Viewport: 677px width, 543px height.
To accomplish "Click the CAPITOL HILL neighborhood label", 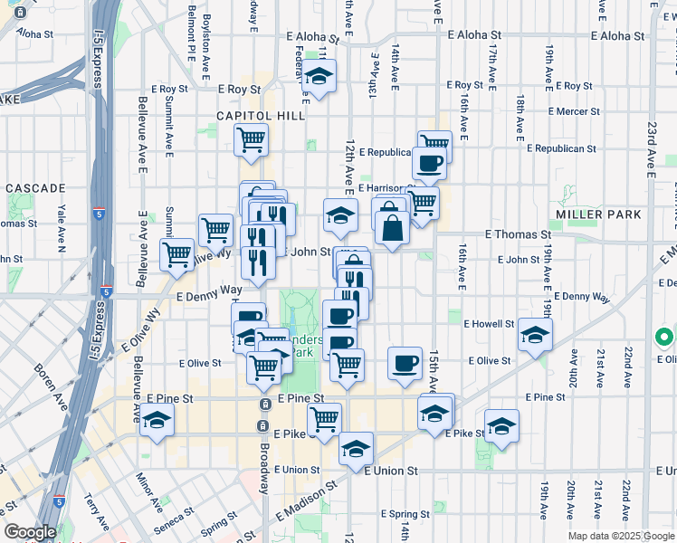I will point(261,116).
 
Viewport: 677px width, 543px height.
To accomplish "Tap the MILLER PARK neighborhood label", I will point(599,214).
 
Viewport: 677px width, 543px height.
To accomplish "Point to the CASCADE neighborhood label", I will point(35,188).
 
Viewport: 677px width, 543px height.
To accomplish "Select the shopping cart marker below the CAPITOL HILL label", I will point(251,139).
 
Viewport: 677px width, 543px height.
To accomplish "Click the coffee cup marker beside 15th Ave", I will point(405,362).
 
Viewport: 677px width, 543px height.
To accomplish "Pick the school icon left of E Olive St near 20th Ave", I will point(535,335).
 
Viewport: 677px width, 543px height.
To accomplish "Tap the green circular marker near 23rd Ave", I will point(663,338).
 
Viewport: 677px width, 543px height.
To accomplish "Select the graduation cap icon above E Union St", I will point(356,448).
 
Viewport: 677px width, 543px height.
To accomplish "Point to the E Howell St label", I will point(489,323).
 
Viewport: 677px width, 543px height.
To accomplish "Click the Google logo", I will point(30,533).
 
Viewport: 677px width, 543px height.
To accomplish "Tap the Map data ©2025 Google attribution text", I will point(620,536).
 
